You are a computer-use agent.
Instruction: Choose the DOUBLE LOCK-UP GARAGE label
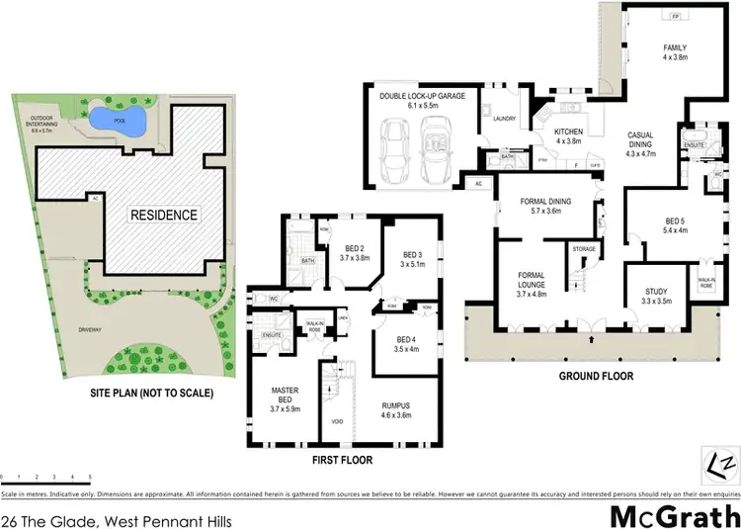point(423,96)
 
